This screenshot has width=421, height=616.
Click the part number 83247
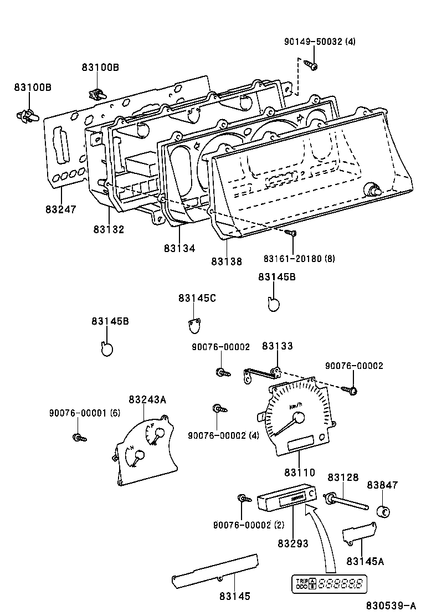point(61,209)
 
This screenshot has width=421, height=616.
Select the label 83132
point(109,229)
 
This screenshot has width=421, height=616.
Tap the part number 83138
point(227,261)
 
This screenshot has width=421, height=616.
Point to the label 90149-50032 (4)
point(320,41)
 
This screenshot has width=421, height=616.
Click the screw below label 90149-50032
point(312,66)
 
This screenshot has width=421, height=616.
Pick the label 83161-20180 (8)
point(299,258)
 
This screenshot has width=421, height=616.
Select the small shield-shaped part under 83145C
point(193,326)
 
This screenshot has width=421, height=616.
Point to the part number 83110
point(299,473)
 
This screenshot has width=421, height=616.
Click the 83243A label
point(147,399)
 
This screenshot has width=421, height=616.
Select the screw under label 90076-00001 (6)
point(79,438)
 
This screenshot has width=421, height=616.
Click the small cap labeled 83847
point(382,511)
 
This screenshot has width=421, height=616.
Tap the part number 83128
point(343,477)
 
